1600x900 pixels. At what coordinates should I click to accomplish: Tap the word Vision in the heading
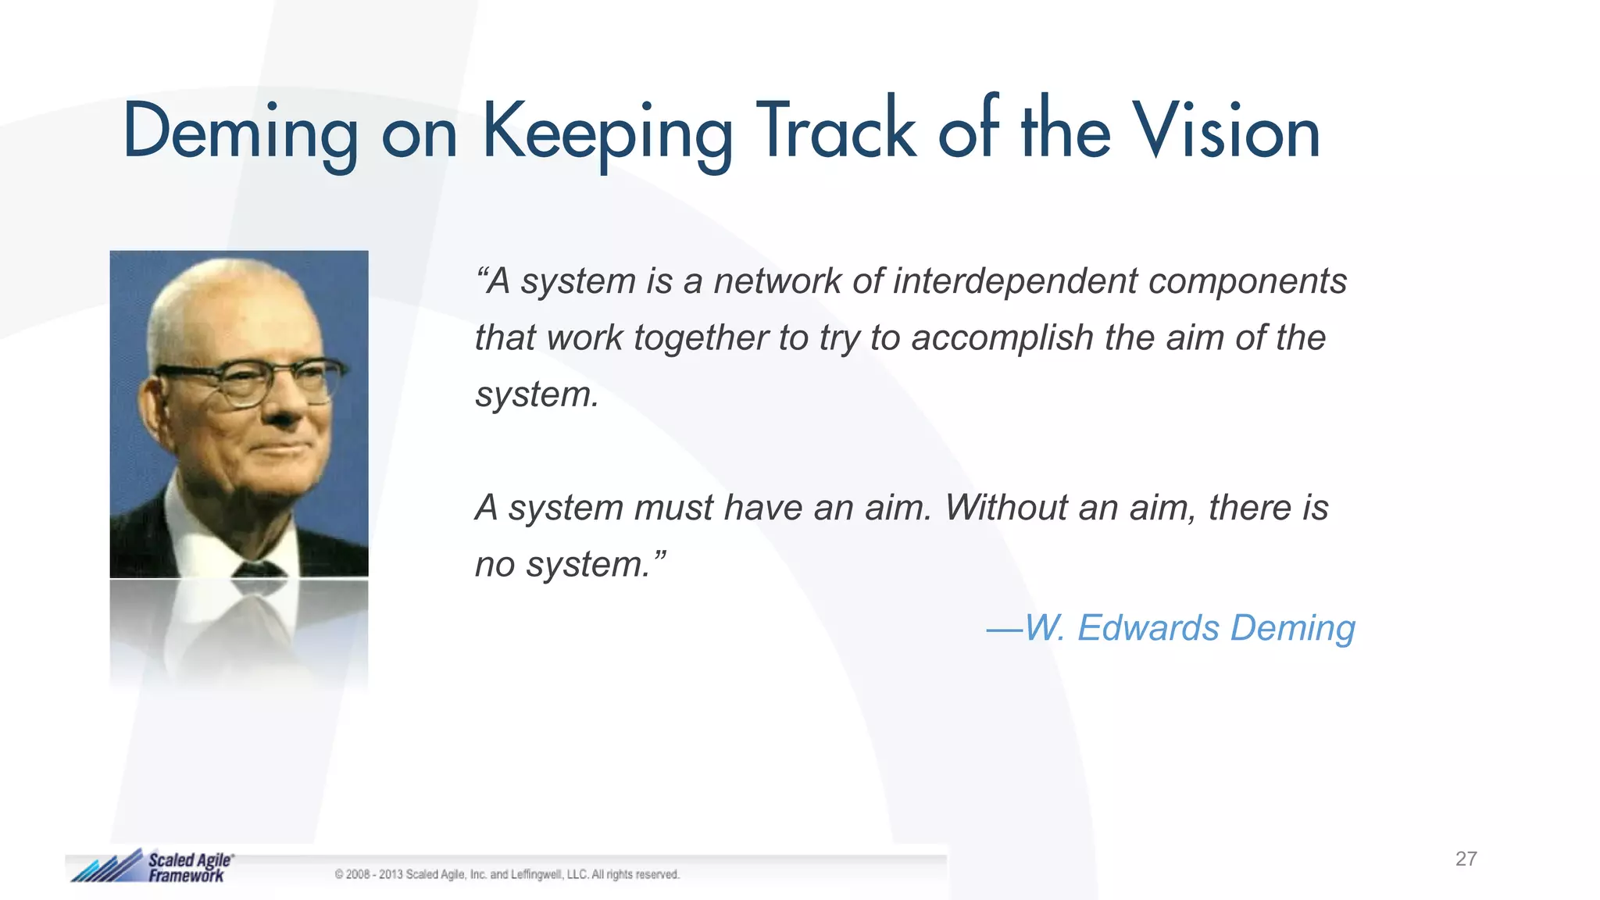(1226, 131)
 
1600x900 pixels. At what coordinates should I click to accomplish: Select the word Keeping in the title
(608, 133)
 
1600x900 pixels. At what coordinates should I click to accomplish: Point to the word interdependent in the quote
(1015, 281)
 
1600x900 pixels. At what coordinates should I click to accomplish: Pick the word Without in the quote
(1006, 508)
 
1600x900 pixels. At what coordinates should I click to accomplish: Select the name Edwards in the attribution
(1148, 628)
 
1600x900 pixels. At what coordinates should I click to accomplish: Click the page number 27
(1466, 859)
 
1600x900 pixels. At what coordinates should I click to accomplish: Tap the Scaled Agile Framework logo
(153, 866)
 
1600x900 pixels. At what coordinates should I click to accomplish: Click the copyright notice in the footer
(507, 874)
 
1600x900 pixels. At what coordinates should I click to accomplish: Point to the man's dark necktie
(258, 568)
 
